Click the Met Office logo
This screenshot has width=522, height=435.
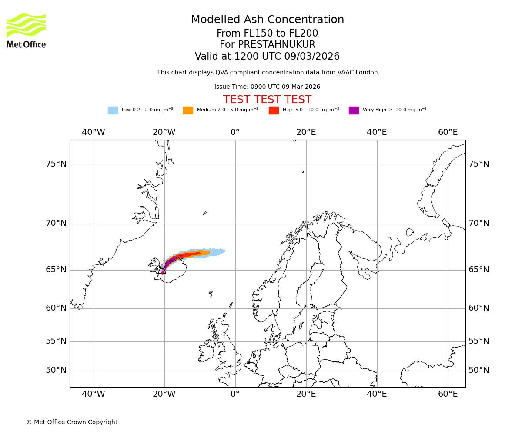click(x=26, y=30)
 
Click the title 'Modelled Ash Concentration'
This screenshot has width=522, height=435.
click(x=268, y=20)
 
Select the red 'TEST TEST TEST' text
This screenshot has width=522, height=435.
click(x=267, y=100)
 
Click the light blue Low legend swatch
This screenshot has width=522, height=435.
click(x=113, y=110)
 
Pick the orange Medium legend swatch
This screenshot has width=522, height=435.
click(x=188, y=110)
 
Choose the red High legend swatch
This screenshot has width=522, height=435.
click(x=274, y=110)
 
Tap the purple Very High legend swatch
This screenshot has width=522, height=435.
click(x=354, y=110)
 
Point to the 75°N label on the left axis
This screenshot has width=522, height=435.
click(x=56, y=164)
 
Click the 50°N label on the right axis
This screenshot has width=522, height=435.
click(x=478, y=370)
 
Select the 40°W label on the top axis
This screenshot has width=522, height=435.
click(x=94, y=132)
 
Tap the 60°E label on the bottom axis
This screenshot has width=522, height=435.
click(x=448, y=394)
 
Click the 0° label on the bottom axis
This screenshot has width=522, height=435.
click(x=235, y=394)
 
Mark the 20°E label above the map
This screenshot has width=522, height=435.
click(x=306, y=132)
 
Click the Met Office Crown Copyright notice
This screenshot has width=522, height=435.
click(x=72, y=422)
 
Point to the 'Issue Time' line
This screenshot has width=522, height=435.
click(x=267, y=87)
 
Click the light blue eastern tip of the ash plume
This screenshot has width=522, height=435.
click(x=222, y=251)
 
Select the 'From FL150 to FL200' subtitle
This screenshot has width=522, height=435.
click(x=267, y=33)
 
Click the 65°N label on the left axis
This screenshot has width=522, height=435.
click(x=56, y=270)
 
